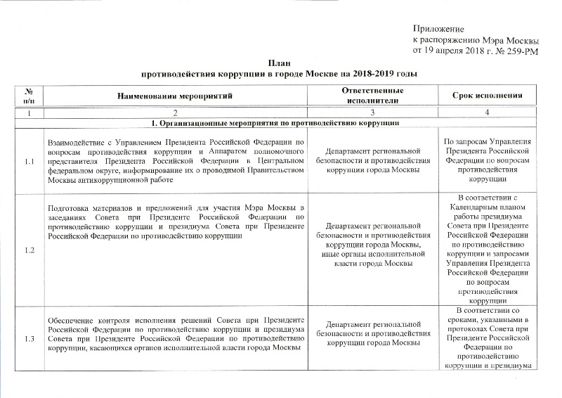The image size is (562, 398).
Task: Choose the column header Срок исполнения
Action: tap(490, 95)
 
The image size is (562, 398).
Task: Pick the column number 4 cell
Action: tap(490, 113)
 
